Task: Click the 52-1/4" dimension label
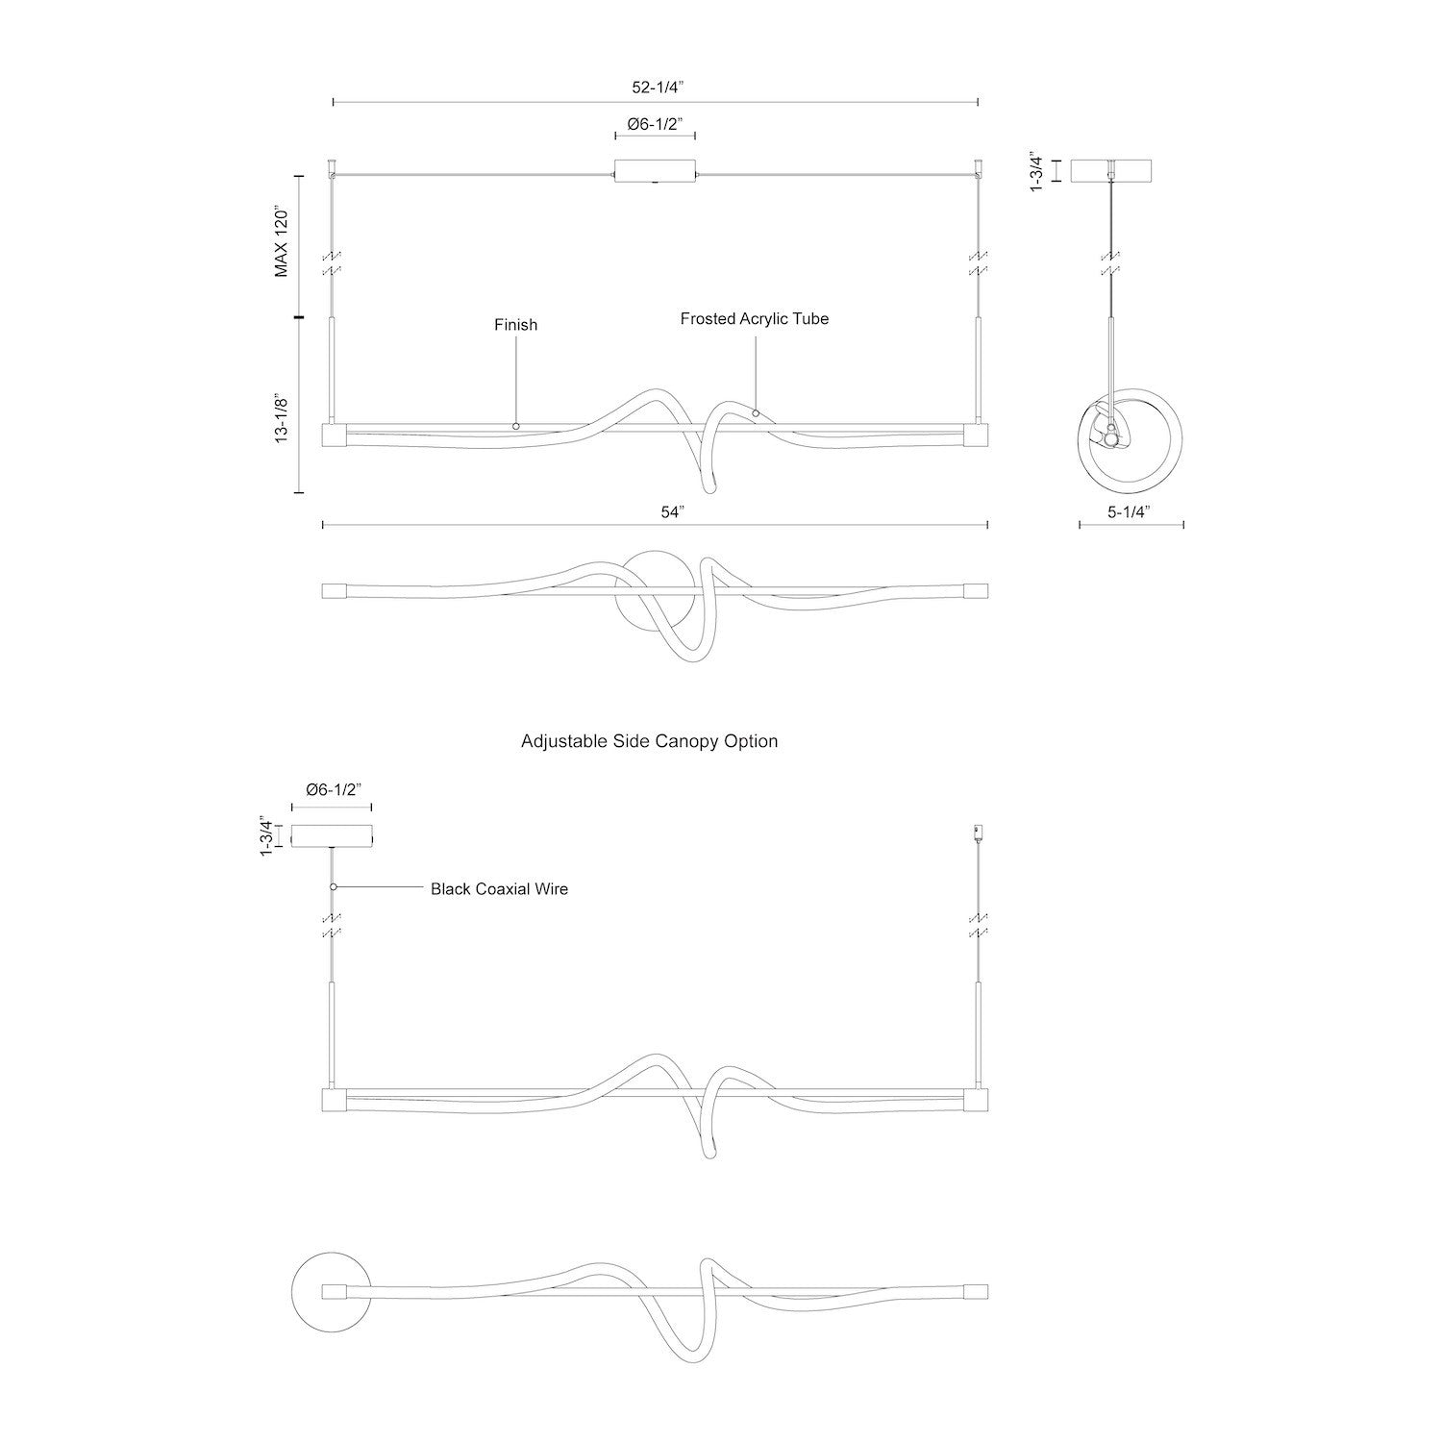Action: (657, 87)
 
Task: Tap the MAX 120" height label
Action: (282, 241)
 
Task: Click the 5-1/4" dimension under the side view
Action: (1131, 512)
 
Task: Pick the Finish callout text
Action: (516, 325)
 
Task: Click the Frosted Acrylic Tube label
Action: (755, 318)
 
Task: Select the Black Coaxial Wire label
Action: (499, 889)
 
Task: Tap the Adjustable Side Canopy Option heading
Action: (649, 741)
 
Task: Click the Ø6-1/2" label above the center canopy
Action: (655, 124)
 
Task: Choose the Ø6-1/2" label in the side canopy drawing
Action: (332, 789)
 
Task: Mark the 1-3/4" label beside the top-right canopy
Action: (1036, 171)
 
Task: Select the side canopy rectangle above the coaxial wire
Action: (332, 836)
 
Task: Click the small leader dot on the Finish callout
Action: (516, 425)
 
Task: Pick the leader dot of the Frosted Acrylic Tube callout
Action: (756, 413)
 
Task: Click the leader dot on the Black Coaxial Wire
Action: (333, 886)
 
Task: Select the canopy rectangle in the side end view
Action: (1111, 170)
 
